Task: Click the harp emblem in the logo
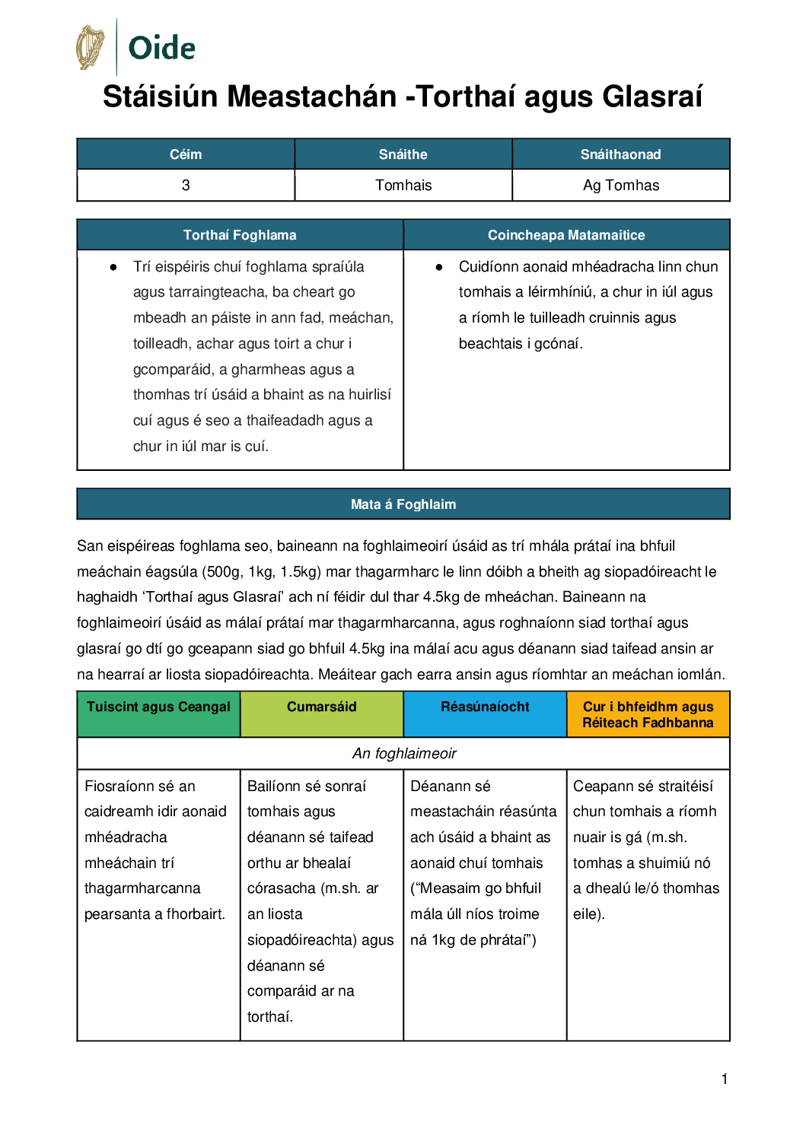coord(91,47)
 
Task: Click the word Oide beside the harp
coord(161,48)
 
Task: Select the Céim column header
coord(186,154)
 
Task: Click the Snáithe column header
coord(403,154)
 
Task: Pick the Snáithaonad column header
coord(620,154)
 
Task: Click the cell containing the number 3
coord(186,186)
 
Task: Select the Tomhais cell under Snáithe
coord(403,186)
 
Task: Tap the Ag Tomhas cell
coord(621,186)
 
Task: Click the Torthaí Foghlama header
coord(240,235)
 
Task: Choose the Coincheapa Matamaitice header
coord(566,235)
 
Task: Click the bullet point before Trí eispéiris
coord(113,267)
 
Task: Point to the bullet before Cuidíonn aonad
coord(439,267)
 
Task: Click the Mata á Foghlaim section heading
coord(403,504)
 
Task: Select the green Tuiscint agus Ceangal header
coord(158,707)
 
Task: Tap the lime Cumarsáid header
coord(321,707)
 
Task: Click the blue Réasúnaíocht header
coord(485,707)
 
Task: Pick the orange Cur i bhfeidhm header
coord(648,714)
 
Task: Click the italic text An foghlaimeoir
coord(403,754)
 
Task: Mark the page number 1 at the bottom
coord(725,1079)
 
